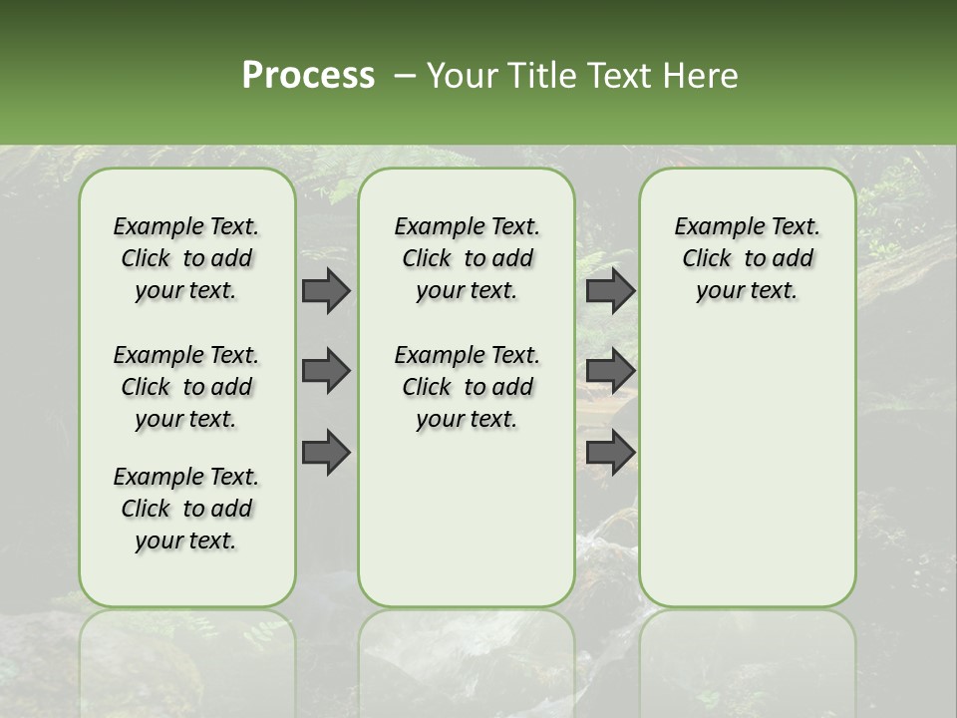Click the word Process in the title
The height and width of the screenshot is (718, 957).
tap(308, 76)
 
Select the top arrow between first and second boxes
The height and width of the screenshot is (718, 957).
tap(325, 290)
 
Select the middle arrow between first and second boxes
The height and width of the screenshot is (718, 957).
tap(325, 371)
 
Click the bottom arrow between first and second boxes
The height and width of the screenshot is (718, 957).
tap(325, 452)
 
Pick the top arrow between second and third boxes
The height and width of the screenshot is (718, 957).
tap(610, 290)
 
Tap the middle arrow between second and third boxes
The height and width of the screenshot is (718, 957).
tap(610, 371)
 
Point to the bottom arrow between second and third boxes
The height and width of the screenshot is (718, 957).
tap(610, 452)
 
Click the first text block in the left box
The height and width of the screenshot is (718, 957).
tap(186, 258)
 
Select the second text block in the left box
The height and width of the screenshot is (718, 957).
tap(186, 387)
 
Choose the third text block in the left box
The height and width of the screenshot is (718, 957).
tap(186, 509)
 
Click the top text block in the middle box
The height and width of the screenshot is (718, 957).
tap(467, 258)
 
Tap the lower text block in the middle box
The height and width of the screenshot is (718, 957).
tap(467, 387)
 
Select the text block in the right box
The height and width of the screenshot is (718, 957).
tap(747, 258)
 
